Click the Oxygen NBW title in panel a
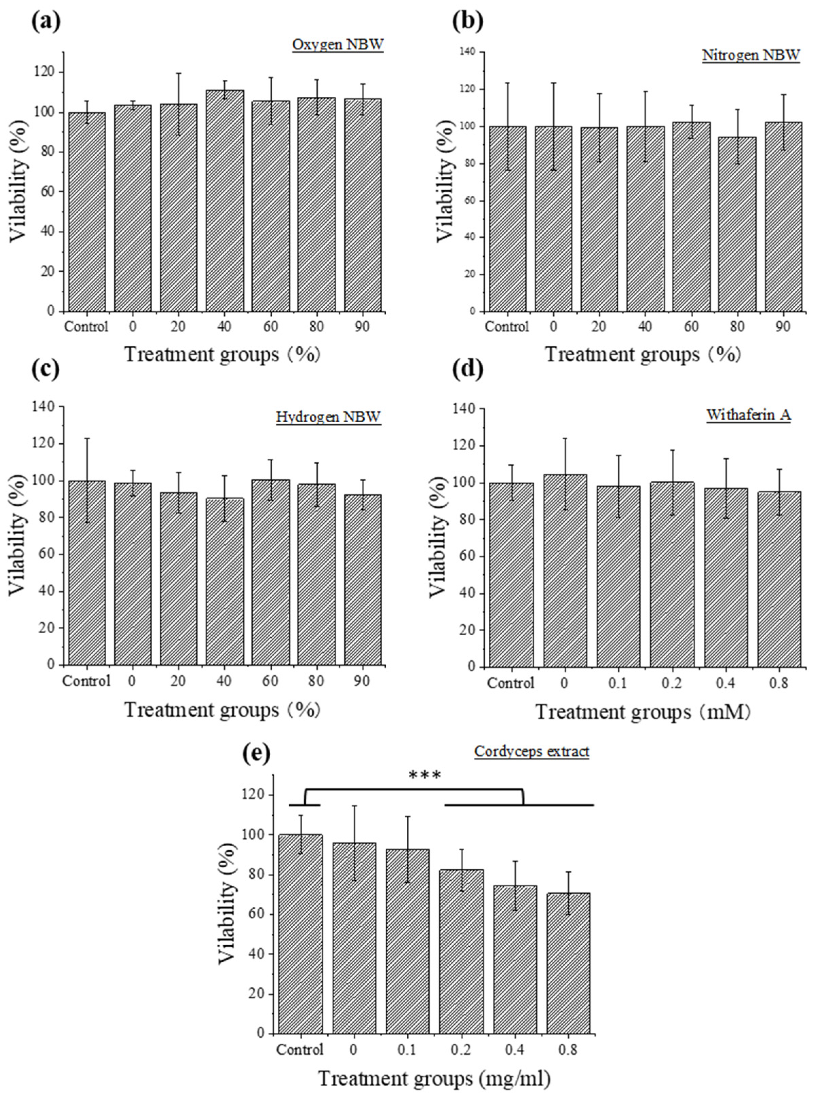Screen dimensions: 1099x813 pos(337,45)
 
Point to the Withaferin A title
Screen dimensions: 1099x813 pos(749,415)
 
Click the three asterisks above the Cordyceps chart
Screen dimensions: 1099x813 pos(425,776)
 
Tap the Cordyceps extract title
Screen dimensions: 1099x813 pos(531,752)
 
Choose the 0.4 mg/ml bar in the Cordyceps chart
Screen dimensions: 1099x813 pos(515,959)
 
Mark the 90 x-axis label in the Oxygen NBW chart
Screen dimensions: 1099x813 pos(362,327)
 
